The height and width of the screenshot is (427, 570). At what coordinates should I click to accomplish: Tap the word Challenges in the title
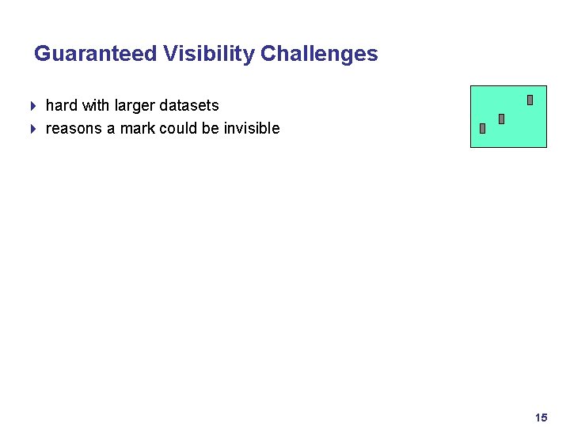tap(319, 54)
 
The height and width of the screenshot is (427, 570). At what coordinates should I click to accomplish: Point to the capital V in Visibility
tap(170, 54)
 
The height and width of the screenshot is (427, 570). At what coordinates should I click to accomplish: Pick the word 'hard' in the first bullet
tap(62, 105)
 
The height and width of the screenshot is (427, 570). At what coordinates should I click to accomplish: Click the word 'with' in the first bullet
tap(96, 105)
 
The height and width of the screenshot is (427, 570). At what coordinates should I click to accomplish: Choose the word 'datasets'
tap(190, 105)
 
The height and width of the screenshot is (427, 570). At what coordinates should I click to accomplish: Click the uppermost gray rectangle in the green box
tap(530, 100)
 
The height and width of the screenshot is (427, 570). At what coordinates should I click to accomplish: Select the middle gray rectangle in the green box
tap(501, 119)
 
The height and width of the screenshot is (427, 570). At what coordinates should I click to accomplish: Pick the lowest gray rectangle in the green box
tap(482, 129)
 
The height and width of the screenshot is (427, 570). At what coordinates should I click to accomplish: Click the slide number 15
tap(541, 417)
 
